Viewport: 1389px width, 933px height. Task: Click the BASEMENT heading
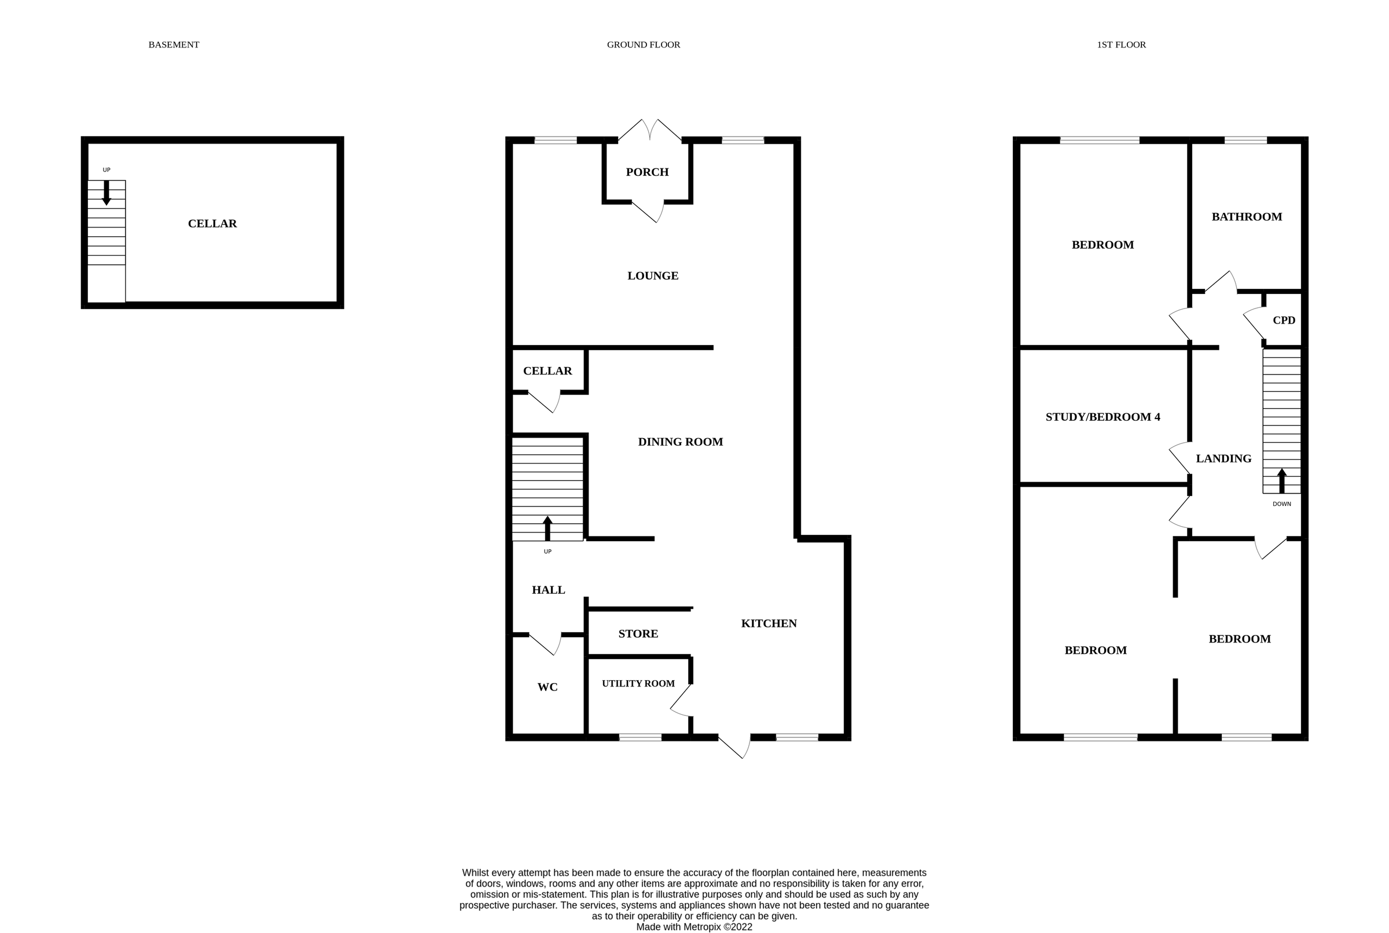(x=174, y=45)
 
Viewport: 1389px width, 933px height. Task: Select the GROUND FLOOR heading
(x=643, y=45)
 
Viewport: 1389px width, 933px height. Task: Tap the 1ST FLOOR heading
(x=1121, y=45)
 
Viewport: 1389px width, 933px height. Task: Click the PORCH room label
(x=647, y=172)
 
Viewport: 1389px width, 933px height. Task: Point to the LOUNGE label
(x=653, y=276)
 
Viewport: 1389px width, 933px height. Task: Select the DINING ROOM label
(x=680, y=442)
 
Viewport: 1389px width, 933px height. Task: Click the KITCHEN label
(x=769, y=623)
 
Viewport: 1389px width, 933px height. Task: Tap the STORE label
(x=638, y=634)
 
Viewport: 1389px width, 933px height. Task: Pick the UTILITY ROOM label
(x=638, y=683)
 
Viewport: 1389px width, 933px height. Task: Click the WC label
(x=547, y=686)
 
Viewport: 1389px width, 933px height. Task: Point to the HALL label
(x=548, y=590)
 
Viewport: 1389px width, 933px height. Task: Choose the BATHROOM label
(x=1246, y=216)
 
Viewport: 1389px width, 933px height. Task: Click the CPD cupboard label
(x=1284, y=320)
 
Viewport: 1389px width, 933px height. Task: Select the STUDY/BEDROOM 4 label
(x=1103, y=417)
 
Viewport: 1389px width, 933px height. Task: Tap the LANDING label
(x=1223, y=458)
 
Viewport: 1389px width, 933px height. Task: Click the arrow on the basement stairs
(x=106, y=193)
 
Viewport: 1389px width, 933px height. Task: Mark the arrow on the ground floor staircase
(x=547, y=528)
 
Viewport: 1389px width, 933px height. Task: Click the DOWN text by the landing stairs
(x=1281, y=504)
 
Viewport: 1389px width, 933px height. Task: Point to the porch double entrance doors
(x=649, y=130)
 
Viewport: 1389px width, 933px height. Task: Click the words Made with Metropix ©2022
(x=693, y=927)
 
